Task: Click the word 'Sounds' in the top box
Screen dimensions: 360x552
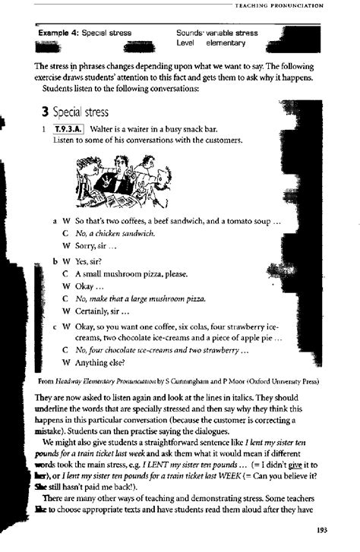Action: [x=187, y=33]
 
